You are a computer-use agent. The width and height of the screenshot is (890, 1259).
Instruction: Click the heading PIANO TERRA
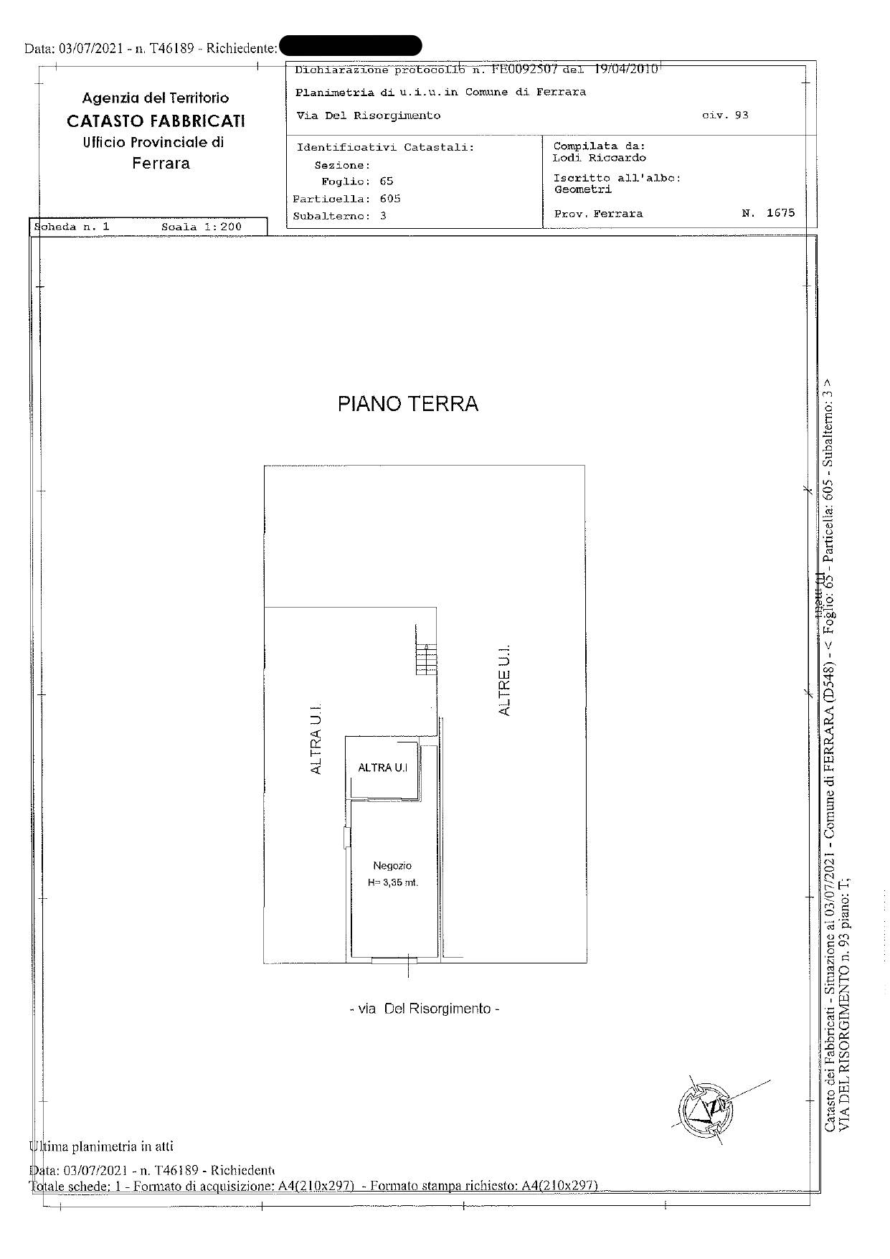point(407,404)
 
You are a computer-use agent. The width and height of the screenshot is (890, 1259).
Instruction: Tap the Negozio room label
point(392,866)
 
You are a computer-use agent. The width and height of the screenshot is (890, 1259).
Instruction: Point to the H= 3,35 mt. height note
point(392,883)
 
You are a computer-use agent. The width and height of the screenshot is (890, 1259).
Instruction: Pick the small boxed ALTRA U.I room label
point(382,768)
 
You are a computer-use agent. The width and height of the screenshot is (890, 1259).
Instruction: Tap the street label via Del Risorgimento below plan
point(425,1009)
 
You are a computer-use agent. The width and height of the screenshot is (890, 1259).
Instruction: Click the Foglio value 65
point(387,181)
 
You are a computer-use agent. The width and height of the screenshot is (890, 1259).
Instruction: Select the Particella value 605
point(390,199)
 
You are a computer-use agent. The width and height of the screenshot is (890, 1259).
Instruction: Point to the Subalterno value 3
point(383,216)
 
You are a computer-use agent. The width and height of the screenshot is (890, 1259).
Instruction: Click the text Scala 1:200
point(202,227)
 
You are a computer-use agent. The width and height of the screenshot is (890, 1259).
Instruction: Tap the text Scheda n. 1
point(72,227)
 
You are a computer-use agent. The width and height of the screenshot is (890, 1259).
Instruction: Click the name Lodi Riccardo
point(599,158)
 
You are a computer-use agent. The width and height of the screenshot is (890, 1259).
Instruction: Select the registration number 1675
point(780,213)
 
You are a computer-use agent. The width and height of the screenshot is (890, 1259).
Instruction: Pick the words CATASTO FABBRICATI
point(156,121)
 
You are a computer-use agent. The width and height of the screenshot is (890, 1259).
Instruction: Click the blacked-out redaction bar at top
point(350,46)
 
